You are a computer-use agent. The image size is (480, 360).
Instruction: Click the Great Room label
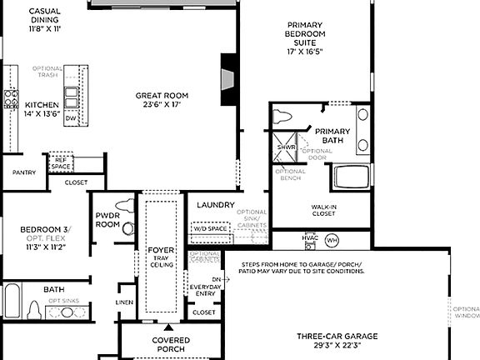tap(157, 96)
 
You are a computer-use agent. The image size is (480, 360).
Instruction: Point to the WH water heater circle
tap(332, 240)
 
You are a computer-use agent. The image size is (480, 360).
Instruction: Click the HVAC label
tap(310, 237)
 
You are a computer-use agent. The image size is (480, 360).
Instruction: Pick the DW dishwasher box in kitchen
tap(70, 118)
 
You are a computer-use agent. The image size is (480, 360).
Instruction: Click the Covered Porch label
tap(170, 344)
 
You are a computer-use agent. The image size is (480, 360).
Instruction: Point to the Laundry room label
tap(216, 205)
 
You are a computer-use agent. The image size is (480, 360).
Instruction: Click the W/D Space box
tap(210, 227)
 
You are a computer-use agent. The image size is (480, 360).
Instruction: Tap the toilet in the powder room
tap(125, 204)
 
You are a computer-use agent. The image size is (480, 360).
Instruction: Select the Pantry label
tap(23, 172)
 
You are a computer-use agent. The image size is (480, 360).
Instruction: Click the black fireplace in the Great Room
tap(228, 80)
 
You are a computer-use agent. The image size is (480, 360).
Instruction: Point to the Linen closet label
tap(125, 302)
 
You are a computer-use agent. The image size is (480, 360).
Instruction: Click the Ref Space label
tap(60, 163)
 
